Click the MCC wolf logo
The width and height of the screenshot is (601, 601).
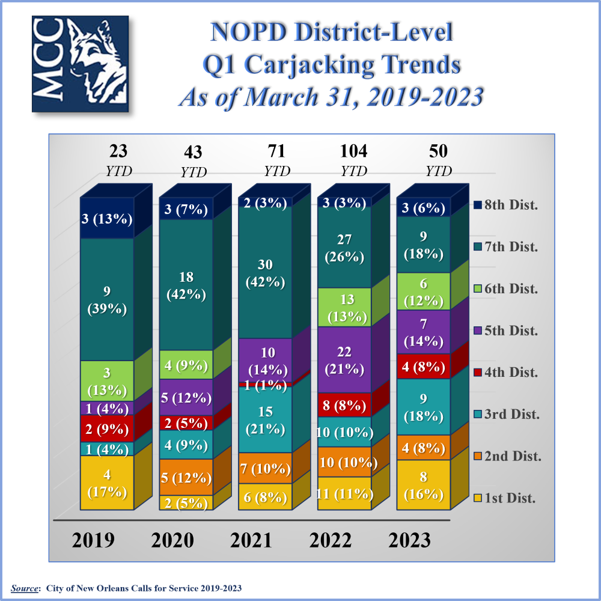[80, 64]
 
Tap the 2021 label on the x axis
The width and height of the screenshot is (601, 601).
[251, 540]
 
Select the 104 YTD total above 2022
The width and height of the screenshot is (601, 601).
[353, 159]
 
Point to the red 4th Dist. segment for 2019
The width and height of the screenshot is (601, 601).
[107, 429]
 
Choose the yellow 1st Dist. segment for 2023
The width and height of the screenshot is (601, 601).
[423, 486]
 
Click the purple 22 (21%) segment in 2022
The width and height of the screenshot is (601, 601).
[344, 359]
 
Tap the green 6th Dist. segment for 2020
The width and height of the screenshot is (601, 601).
[186, 365]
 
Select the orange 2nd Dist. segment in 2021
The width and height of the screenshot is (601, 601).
[265, 468]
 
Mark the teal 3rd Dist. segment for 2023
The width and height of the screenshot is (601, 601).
[423, 406]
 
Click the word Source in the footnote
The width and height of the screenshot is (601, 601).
[23, 588]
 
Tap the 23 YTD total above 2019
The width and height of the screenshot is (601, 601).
[118, 159]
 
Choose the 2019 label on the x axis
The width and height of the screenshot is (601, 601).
[93, 540]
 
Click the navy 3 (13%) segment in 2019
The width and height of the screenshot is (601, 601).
[107, 219]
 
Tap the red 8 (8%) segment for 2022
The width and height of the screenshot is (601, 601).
[344, 404]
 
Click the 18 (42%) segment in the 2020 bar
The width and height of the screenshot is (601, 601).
[186, 285]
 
